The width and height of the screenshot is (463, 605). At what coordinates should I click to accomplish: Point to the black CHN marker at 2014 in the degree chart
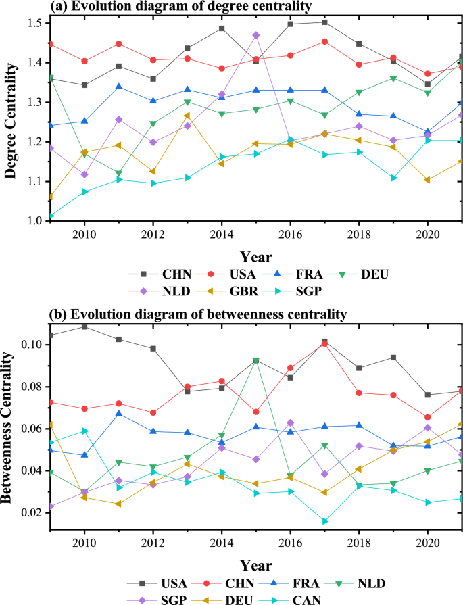(x=222, y=28)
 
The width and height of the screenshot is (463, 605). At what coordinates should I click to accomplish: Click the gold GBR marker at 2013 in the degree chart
(x=187, y=115)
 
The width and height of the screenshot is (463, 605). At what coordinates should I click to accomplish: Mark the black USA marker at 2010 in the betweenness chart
(x=84, y=326)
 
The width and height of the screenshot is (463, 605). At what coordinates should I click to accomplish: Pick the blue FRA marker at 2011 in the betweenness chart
(x=119, y=414)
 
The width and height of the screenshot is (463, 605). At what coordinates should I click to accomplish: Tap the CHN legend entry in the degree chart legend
(x=176, y=274)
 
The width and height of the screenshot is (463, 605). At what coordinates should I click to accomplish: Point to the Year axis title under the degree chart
(x=255, y=257)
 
